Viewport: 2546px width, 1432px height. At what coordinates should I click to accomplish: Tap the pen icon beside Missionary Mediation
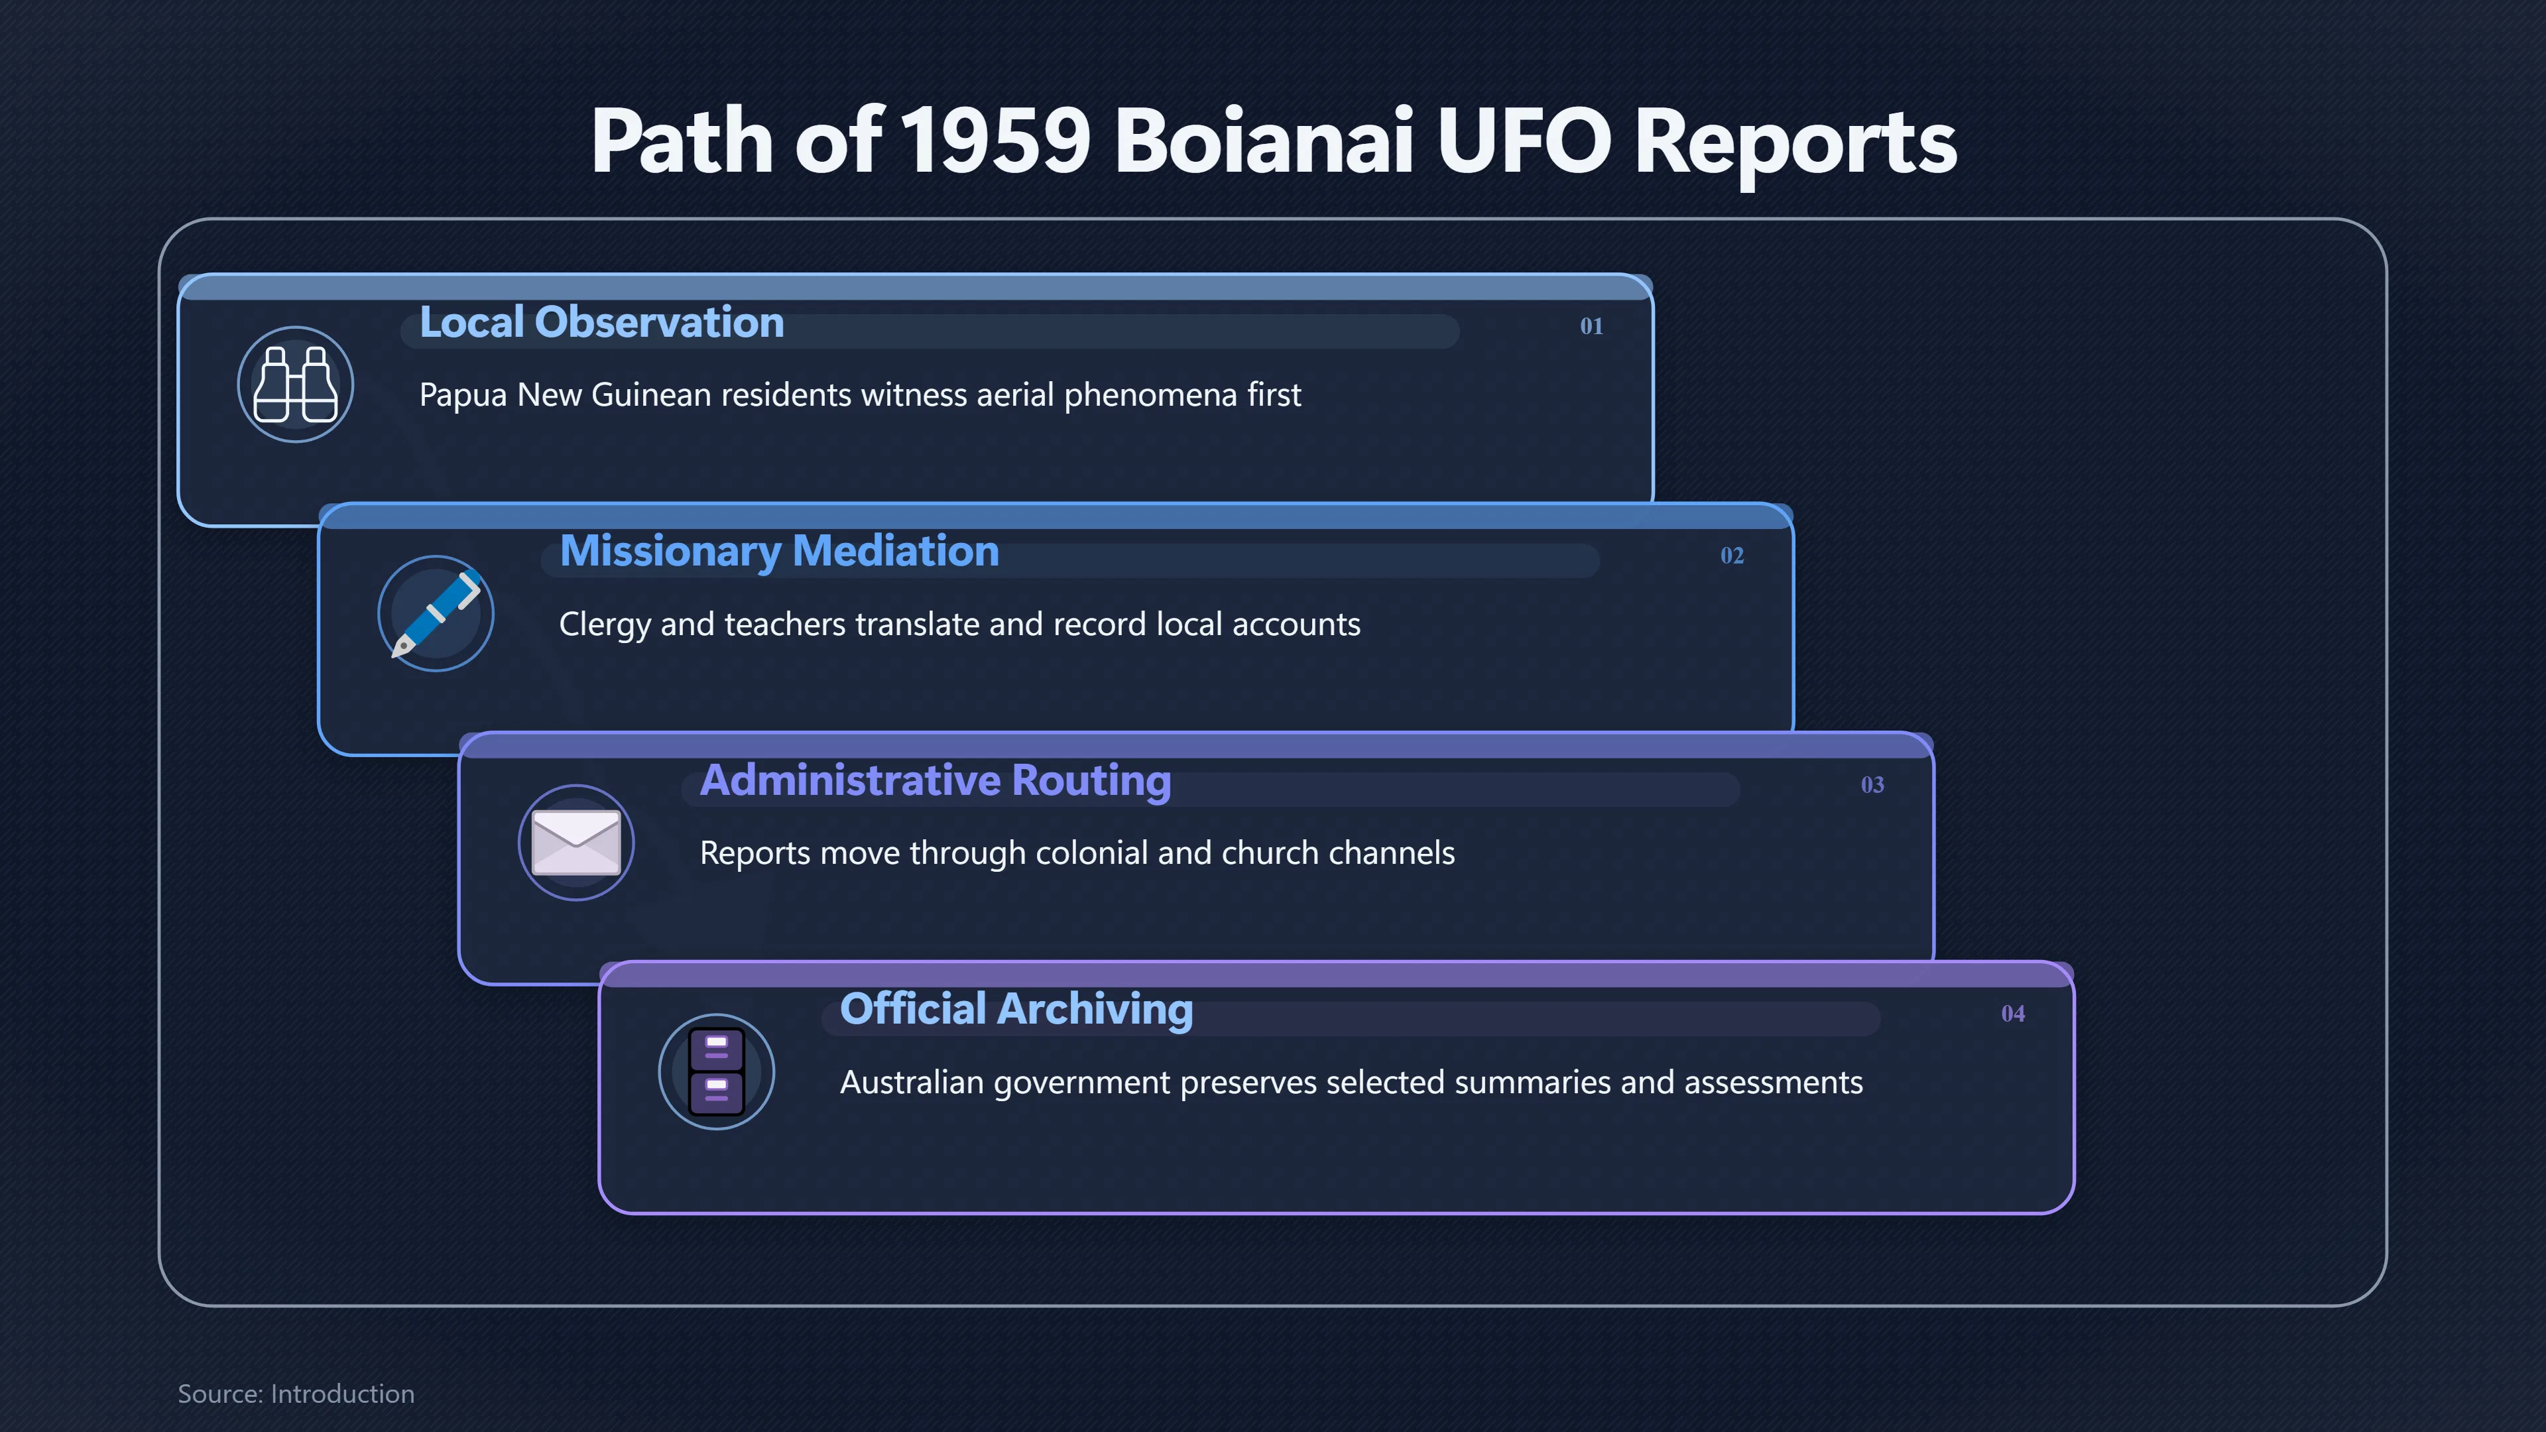tap(436, 613)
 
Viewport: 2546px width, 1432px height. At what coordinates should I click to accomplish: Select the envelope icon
tap(576, 842)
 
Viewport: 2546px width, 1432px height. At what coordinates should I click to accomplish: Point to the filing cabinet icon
tap(717, 1071)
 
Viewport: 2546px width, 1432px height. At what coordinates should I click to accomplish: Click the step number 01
tap(1591, 326)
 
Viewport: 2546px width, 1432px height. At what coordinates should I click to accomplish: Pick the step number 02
tap(1732, 556)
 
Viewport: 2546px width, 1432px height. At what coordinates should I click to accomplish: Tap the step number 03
tap(1872, 785)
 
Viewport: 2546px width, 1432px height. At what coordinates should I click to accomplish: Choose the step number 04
tap(2012, 1014)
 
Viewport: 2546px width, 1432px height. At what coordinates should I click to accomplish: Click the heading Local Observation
tap(602, 322)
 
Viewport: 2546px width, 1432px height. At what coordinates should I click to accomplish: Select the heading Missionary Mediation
tap(779, 552)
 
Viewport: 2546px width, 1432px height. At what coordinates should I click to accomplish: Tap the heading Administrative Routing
tap(935, 781)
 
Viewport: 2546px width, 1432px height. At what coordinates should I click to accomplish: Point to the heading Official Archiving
tap(1016, 1010)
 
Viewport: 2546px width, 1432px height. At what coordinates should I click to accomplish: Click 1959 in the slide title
tap(995, 141)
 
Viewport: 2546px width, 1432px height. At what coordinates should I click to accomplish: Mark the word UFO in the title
tap(1523, 141)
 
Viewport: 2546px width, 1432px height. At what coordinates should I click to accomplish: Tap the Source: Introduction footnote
tap(296, 1394)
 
